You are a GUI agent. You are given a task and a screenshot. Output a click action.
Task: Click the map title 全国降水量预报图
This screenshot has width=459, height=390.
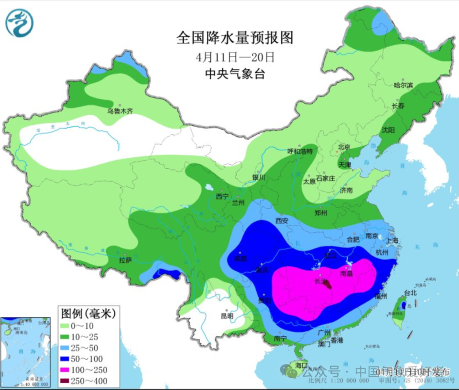tap(235, 37)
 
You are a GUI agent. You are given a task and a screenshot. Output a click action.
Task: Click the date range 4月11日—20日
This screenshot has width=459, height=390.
tap(235, 57)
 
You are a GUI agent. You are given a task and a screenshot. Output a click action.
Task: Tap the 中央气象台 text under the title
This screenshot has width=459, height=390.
tap(235, 74)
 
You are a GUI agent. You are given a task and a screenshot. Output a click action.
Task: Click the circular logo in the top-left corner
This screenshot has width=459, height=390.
tap(20, 22)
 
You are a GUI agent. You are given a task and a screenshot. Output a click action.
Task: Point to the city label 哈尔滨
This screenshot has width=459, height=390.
tap(403, 85)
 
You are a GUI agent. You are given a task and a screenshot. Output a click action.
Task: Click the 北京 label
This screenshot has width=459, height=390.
tap(344, 147)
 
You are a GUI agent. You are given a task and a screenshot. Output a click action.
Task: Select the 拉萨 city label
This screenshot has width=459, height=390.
tap(125, 260)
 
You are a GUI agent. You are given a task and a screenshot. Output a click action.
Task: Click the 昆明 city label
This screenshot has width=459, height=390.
tap(227, 316)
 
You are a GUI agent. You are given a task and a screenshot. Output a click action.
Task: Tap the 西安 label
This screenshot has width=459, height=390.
tap(282, 221)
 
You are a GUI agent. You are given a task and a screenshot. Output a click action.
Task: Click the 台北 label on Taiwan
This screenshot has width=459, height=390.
tap(411, 292)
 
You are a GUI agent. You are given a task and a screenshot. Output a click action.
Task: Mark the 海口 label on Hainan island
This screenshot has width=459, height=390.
tap(301, 365)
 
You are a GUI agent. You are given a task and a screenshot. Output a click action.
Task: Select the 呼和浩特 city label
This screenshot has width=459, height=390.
tap(299, 151)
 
